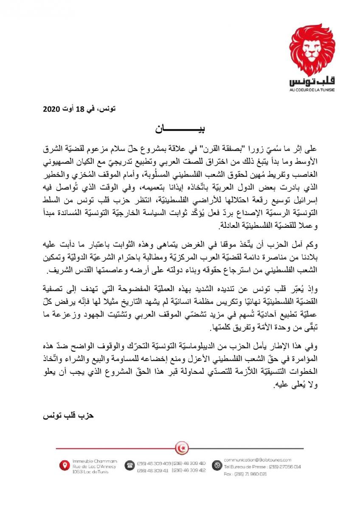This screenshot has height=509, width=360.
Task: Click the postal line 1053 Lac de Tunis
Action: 90,471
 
